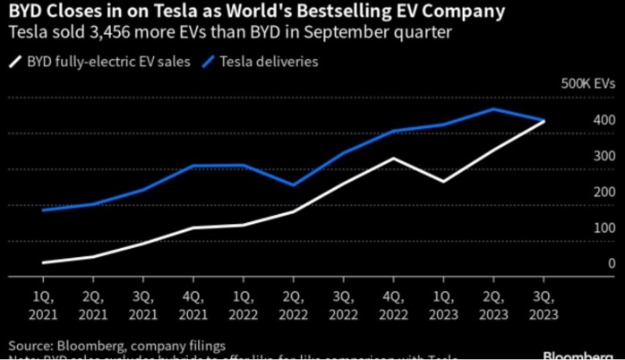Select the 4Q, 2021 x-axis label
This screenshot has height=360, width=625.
point(192,305)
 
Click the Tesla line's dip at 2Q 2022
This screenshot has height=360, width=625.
point(293,184)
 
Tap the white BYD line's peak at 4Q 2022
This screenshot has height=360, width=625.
point(393,159)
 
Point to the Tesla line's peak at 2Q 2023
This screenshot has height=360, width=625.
point(493,109)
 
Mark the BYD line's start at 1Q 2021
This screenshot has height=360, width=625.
point(42,262)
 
